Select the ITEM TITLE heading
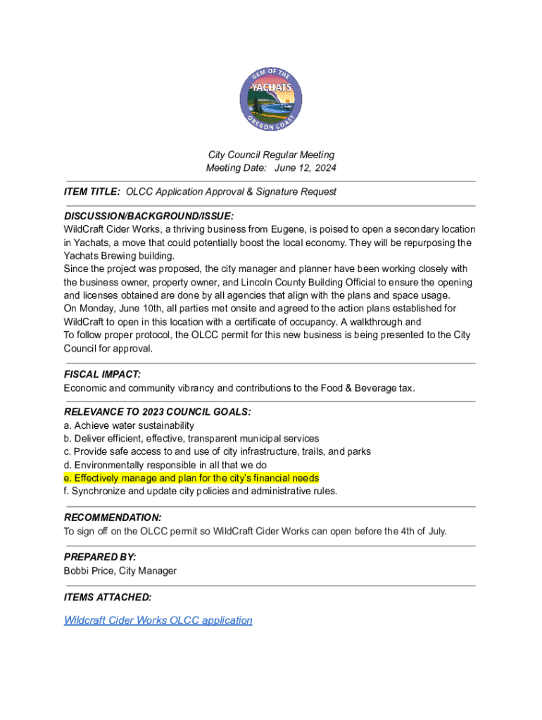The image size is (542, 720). pyautogui.click(x=92, y=191)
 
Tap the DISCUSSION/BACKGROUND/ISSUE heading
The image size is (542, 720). pyautogui.click(x=149, y=216)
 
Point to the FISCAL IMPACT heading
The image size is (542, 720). pyautogui.click(x=102, y=375)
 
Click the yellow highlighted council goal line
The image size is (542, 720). pyautogui.click(x=191, y=478)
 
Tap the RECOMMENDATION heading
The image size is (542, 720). pyautogui.click(x=113, y=517)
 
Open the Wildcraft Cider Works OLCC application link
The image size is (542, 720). pyautogui.click(x=158, y=620)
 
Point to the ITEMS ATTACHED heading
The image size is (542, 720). pyautogui.click(x=107, y=597)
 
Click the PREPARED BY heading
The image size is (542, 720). pyautogui.click(x=100, y=557)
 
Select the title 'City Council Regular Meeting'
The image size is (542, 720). pyautogui.click(x=271, y=155)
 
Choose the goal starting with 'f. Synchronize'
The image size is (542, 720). pyautogui.click(x=200, y=491)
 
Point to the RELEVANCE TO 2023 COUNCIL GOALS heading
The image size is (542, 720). pyautogui.click(x=157, y=412)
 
